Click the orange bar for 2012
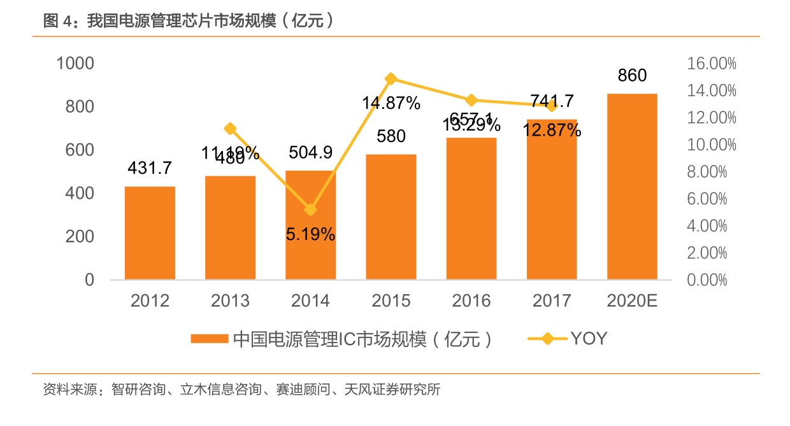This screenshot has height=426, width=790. [150, 233]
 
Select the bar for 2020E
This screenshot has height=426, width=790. [632, 187]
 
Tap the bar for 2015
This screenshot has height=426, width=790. [391, 217]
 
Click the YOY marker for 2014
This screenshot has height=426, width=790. [311, 209]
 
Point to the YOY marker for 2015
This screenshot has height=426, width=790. [391, 79]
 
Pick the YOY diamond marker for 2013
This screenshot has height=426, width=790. [231, 129]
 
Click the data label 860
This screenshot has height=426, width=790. [632, 76]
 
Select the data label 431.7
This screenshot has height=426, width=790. [150, 168]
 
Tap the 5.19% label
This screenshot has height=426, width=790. [310, 234]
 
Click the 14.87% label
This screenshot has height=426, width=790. [391, 103]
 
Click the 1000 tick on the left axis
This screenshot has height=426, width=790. [75, 63]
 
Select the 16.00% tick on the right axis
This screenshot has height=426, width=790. [711, 63]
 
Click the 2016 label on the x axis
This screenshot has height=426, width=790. [471, 301]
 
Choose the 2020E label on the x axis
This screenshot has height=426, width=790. [632, 301]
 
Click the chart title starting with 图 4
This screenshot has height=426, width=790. [189, 21]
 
